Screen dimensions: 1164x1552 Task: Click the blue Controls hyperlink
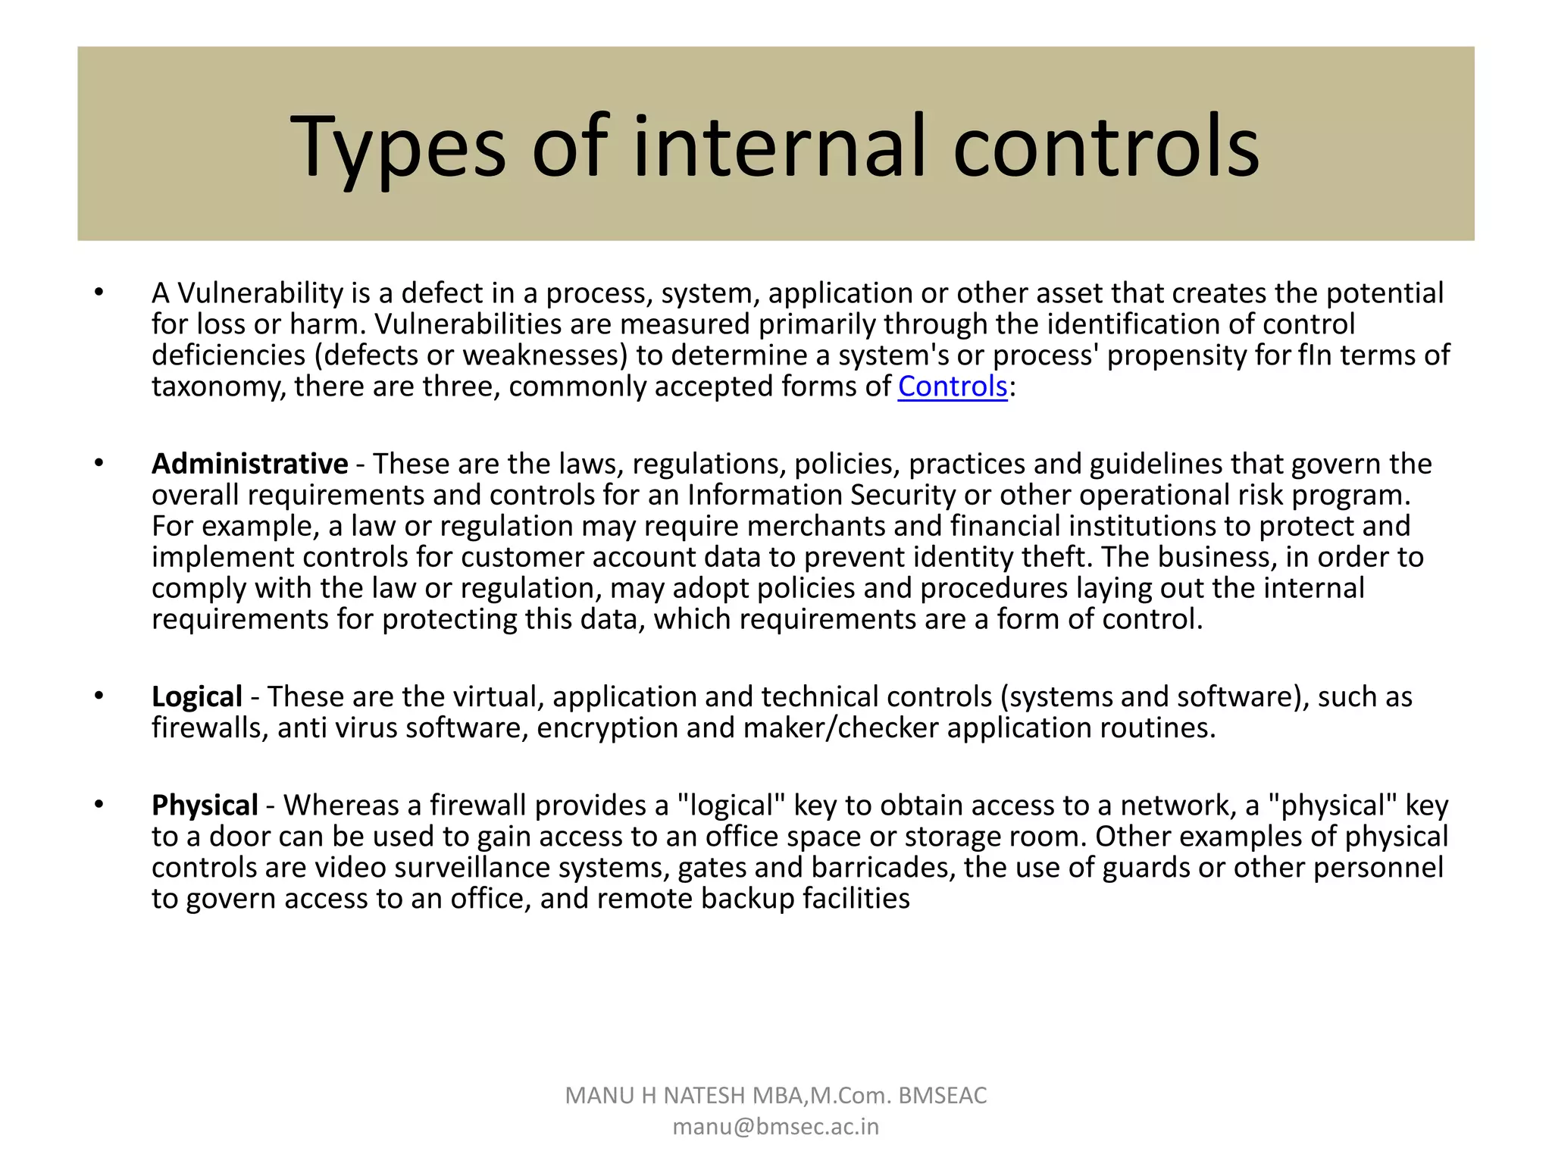[x=952, y=386]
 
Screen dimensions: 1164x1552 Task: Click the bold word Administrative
[x=249, y=464]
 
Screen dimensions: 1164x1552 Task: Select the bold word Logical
[x=196, y=696]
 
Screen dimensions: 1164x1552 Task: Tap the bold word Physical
[x=205, y=805]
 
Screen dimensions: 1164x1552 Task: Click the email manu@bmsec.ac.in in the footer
[x=775, y=1127]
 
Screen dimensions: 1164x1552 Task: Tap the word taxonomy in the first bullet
[x=218, y=386]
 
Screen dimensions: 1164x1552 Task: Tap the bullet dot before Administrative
[x=99, y=463]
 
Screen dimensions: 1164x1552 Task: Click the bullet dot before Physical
[x=99, y=804]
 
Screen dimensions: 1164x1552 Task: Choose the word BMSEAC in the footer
[x=942, y=1096]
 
